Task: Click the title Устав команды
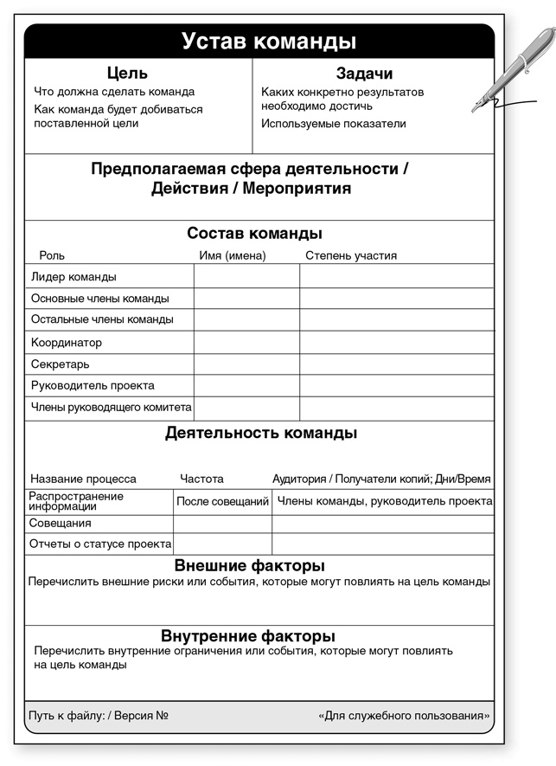(x=269, y=42)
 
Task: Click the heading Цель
(x=127, y=74)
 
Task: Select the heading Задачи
(x=364, y=74)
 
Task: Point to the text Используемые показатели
(x=333, y=124)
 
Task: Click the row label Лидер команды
(x=73, y=277)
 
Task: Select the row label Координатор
(x=67, y=343)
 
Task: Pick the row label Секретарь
(x=61, y=364)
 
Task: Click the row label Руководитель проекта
(x=93, y=385)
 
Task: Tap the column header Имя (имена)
(x=233, y=255)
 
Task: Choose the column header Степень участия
(x=351, y=255)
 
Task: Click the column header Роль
(x=52, y=255)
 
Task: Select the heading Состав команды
(x=255, y=234)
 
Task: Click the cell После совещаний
(x=222, y=501)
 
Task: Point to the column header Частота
(x=201, y=479)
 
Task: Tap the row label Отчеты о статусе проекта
(x=100, y=544)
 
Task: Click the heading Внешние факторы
(x=249, y=566)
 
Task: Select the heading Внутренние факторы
(x=248, y=636)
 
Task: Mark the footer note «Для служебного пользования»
(x=404, y=716)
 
